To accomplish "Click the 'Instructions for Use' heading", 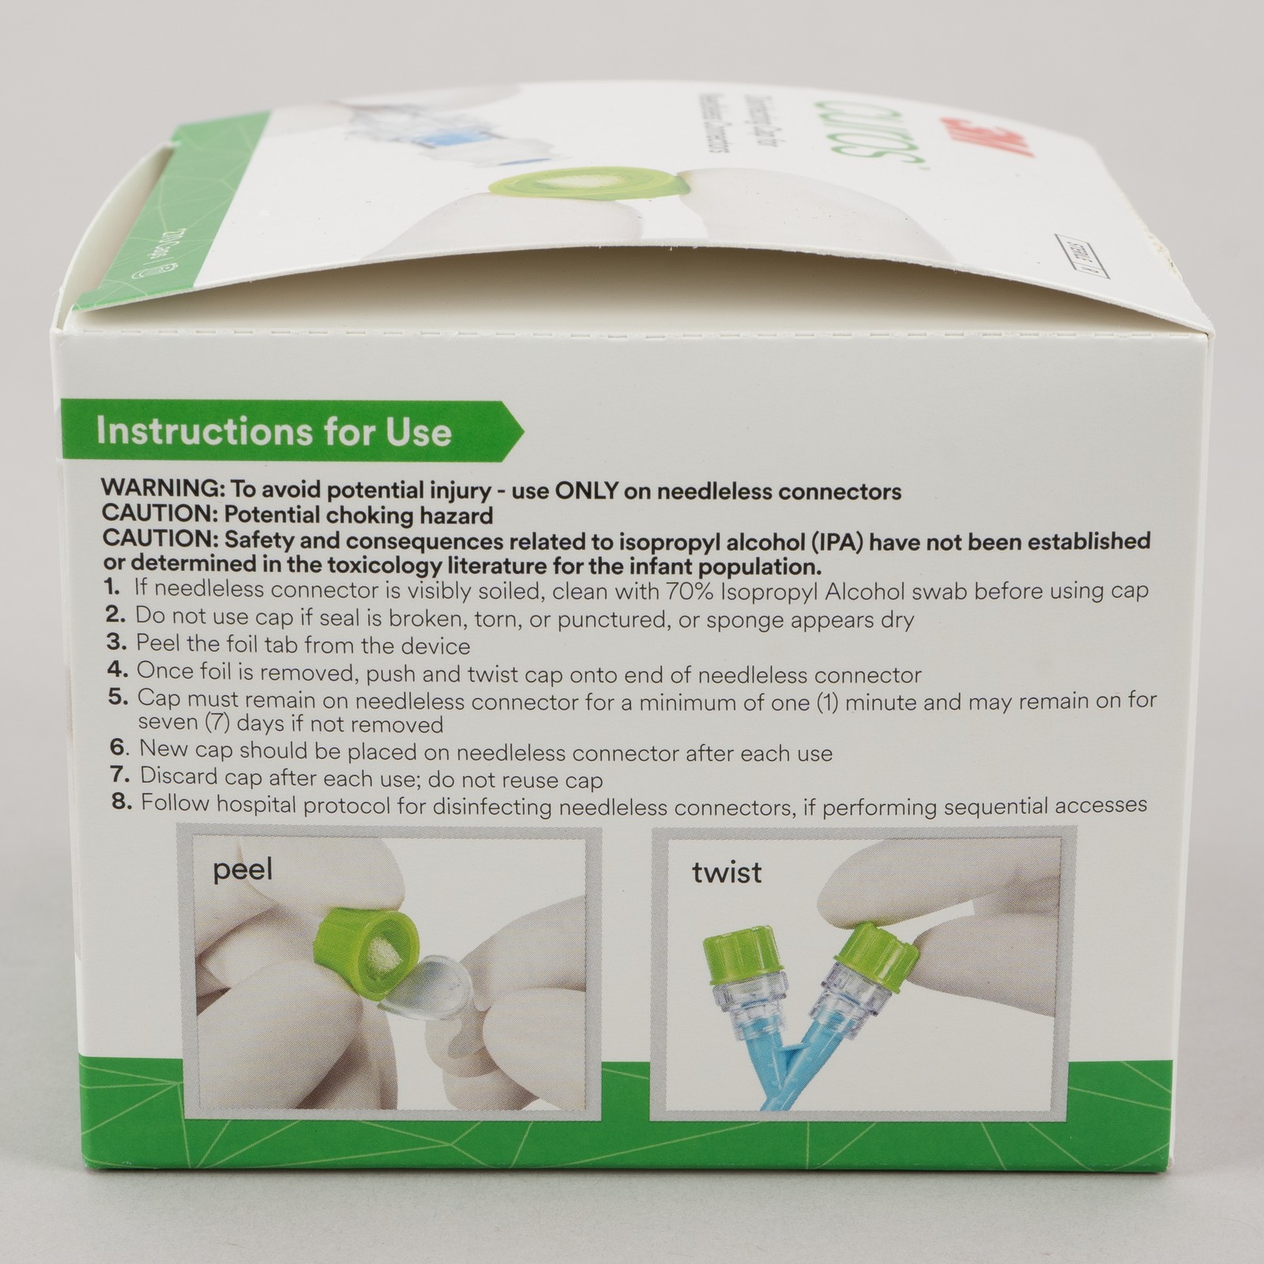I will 273,433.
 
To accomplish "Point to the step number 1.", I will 112,589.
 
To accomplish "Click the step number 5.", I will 118,698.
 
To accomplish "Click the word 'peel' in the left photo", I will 243,871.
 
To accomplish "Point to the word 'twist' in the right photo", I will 727,873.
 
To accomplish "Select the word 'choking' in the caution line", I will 352,516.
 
